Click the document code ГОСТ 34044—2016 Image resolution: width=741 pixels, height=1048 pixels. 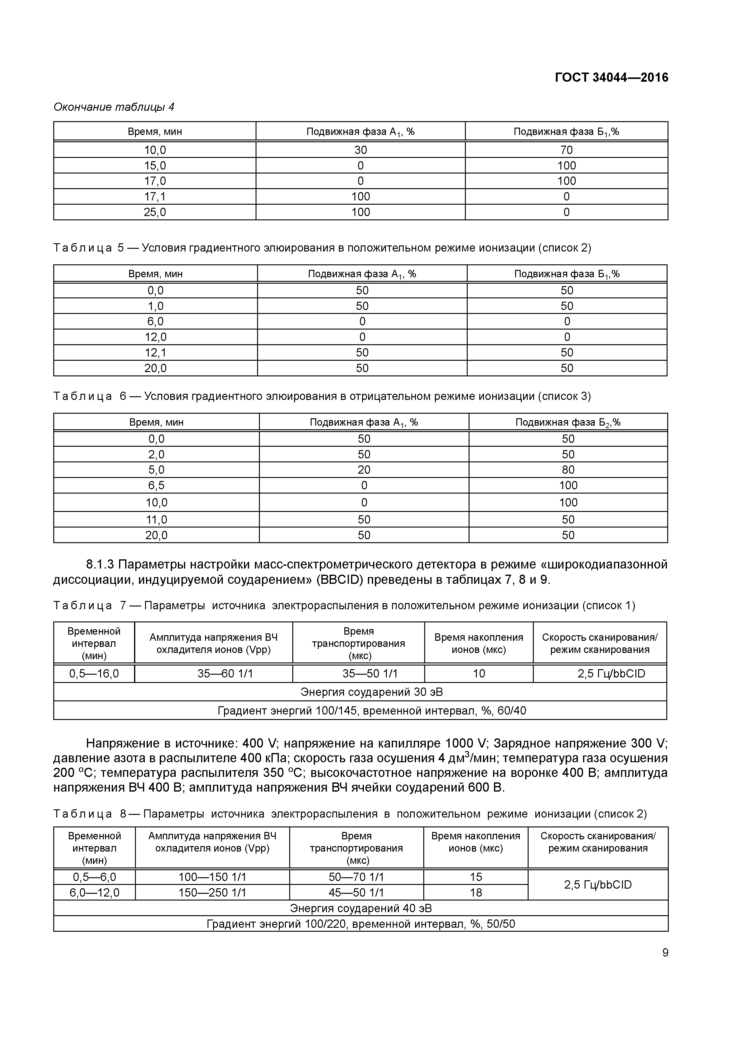click(x=611, y=78)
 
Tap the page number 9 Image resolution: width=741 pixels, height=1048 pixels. click(x=665, y=953)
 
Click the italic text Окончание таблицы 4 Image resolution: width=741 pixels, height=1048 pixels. click(x=114, y=107)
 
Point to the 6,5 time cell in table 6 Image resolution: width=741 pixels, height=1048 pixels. click(x=156, y=485)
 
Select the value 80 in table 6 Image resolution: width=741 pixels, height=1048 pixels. click(x=568, y=470)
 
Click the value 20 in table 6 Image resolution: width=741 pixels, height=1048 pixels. click(x=364, y=470)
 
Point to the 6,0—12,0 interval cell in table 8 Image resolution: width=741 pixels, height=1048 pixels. click(x=95, y=892)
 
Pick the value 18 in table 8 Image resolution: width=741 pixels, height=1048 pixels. click(x=476, y=892)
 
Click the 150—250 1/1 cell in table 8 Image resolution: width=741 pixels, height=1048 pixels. click(x=212, y=892)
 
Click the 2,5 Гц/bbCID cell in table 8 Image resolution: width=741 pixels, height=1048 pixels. click(x=598, y=885)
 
